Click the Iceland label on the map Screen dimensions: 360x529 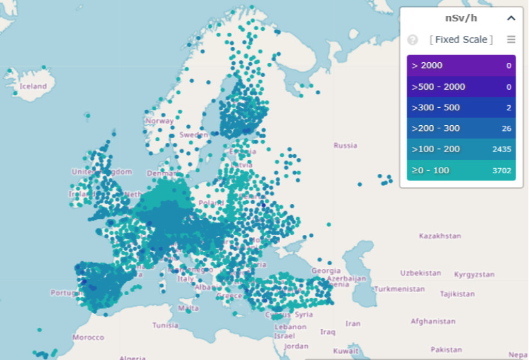click(x=33, y=86)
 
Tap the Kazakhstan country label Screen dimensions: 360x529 click(x=440, y=236)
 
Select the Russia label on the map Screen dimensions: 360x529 click(x=345, y=146)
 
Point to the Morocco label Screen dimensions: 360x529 click(x=88, y=338)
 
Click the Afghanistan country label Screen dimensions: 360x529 click(x=433, y=321)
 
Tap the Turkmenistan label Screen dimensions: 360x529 click(x=399, y=289)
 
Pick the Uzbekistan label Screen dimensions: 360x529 click(x=421, y=273)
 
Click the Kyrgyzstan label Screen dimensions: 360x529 click(x=474, y=275)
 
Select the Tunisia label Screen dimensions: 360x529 click(x=165, y=325)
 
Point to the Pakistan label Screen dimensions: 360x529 click(x=446, y=350)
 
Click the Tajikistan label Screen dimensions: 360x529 click(x=457, y=295)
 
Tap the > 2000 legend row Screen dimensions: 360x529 click(x=461, y=65)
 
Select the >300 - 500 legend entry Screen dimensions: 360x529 click(x=461, y=108)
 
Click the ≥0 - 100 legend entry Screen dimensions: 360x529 click(x=461, y=170)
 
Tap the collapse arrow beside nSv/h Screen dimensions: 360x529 click(x=511, y=19)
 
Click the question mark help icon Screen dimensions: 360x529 click(x=412, y=40)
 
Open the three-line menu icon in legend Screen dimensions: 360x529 click(x=511, y=40)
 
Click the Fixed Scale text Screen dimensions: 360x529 click(x=461, y=40)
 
